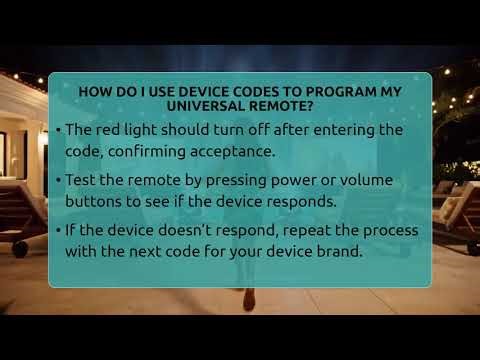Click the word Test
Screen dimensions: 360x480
[81, 181]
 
